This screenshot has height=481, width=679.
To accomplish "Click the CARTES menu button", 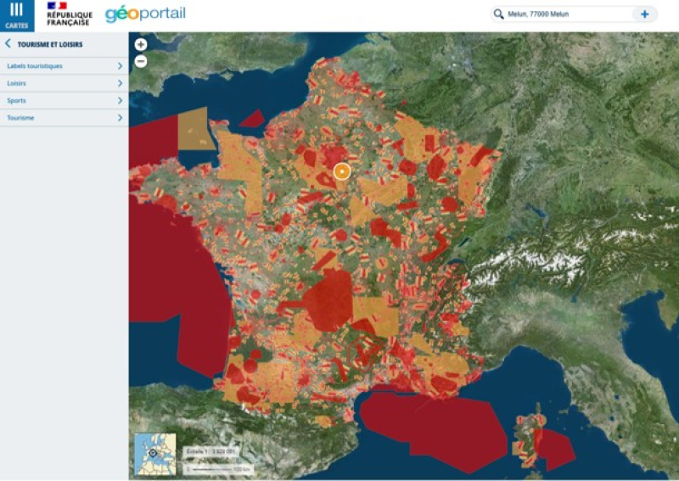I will click(x=16, y=15).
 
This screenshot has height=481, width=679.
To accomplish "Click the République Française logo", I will click(x=70, y=14).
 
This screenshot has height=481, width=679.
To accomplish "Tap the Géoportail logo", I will click(x=145, y=14).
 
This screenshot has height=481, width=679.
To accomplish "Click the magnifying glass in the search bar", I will click(x=499, y=14).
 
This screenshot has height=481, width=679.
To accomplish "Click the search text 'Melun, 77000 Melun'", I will click(x=538, y=14).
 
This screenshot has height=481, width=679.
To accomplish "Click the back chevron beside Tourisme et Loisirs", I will click(x=8, y=44).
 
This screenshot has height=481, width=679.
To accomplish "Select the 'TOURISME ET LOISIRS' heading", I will click(x=50, y=44).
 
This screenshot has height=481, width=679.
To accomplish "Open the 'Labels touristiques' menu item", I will click(x=35, y=66).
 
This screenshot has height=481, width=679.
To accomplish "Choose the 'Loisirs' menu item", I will click(x=17, y=83).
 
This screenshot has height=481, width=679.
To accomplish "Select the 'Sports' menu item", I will click(x=16, y=101).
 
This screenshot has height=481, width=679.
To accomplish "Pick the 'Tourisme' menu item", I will click(x=20, y=118).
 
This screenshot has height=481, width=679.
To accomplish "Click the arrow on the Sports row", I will click(x=120, y=101).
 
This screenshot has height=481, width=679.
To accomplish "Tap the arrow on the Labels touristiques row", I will click(x=120, y=66).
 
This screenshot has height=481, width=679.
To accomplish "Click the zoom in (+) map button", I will click(x=141, y=45).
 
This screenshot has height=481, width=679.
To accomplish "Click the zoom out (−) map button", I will click(x=141, y=61).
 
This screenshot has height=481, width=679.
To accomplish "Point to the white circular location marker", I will click(x=342, y=171).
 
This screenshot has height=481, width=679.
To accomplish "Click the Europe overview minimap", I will click(x=155, y=454).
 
